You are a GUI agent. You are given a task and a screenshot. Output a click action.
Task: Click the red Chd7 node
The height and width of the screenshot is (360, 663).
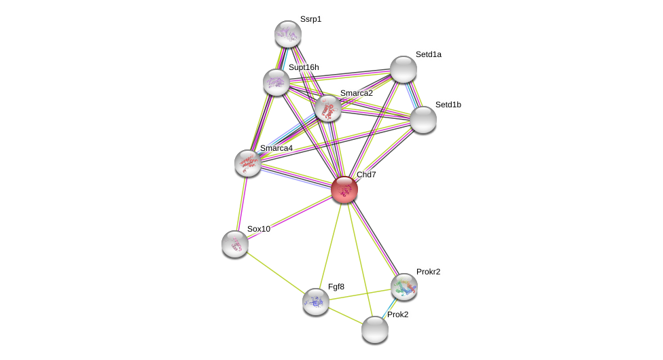pos(344,190)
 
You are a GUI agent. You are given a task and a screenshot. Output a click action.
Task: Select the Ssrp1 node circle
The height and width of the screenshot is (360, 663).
pos(288,34)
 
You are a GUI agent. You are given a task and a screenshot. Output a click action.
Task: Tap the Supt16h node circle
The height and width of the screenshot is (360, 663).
pos(276,82)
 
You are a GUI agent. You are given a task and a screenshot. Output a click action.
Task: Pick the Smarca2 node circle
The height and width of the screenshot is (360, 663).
pos(328,108)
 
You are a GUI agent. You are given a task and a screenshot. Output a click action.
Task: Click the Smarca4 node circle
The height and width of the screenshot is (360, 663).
pos(248,163)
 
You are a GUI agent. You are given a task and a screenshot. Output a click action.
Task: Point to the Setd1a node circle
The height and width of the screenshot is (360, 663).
pos(404,69)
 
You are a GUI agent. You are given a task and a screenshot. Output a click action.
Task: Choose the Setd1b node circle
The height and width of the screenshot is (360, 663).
pos(423,120)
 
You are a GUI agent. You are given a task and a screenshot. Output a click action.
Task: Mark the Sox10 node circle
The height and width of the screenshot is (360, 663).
pos(235,244)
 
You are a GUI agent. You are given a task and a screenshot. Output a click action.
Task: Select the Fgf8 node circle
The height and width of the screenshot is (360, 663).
pos(316,302)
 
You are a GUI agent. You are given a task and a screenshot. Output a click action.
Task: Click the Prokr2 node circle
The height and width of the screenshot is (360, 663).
pos(404,287)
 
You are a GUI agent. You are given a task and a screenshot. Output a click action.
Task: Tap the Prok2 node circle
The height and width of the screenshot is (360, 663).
pos(375,329)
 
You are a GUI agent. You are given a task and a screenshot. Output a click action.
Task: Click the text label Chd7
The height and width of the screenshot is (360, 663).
pos(366,175)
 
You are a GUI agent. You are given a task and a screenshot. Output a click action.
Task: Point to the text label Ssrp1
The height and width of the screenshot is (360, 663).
pos(310,19)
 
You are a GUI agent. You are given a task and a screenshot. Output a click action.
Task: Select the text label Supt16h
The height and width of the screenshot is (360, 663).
pos(304,67)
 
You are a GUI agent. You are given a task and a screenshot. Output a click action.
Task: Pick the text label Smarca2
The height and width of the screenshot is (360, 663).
pos(356,93)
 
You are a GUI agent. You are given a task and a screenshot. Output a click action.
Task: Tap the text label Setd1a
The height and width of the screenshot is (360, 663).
pos(428,54)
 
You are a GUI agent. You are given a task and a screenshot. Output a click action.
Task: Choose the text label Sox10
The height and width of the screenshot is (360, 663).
pos(258,229)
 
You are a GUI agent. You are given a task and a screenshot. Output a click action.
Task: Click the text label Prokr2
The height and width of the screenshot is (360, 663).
pos(428,272)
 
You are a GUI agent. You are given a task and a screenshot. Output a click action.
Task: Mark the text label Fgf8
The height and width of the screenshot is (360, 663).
pos(336,287)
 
